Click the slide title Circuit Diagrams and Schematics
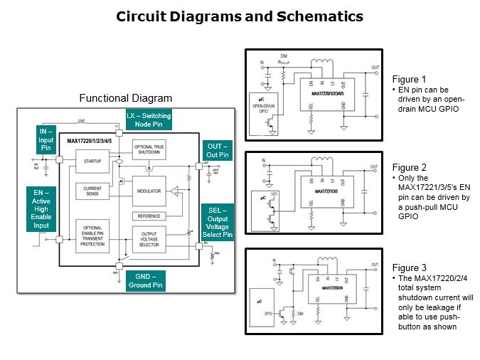(240, 16)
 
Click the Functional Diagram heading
(125, 97)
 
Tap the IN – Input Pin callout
(46, 140)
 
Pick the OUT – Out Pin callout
(218, 150)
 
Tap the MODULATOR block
(148, 191)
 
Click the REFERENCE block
(148, 216)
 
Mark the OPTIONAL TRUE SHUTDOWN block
(149, 149)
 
